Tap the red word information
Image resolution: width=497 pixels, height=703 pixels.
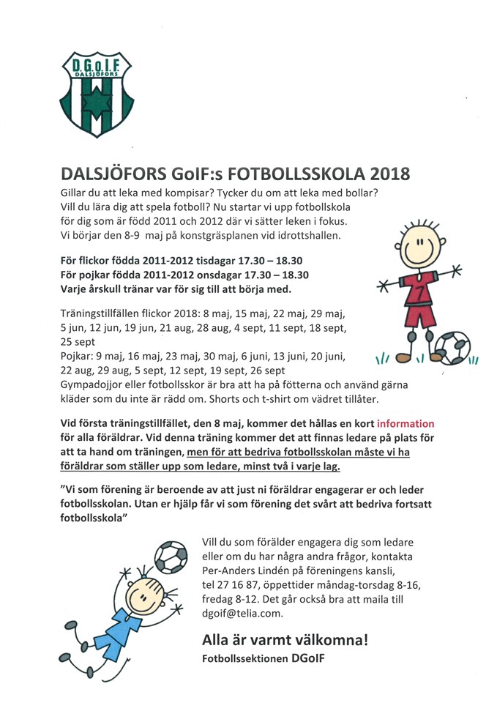coord(406,423)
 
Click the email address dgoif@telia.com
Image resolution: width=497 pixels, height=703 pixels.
coord(242,614)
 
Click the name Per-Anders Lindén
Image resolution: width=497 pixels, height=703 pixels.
coord(244,570)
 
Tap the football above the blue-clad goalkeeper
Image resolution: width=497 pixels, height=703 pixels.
coord(171,557)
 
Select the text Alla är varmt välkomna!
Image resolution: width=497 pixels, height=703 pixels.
coord(285,640)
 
